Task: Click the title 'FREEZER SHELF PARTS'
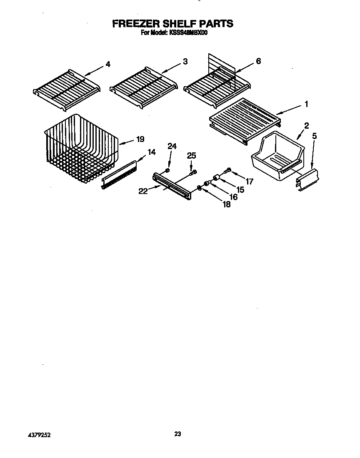(x=172, y=24)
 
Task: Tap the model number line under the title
(x=172, y=33)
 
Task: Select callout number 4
(x=108, y=64)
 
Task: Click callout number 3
(x=185, y=62)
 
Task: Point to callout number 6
(x=258, y=62)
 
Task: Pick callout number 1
(x=307, y=104)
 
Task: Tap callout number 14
(x=152, y=152)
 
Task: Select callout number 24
(x=172, y=146)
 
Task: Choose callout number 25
(x=191, y=156)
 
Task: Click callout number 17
(x=249, y=182)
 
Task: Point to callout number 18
(x=227, y=204)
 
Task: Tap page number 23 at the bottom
(x=177, y=434)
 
